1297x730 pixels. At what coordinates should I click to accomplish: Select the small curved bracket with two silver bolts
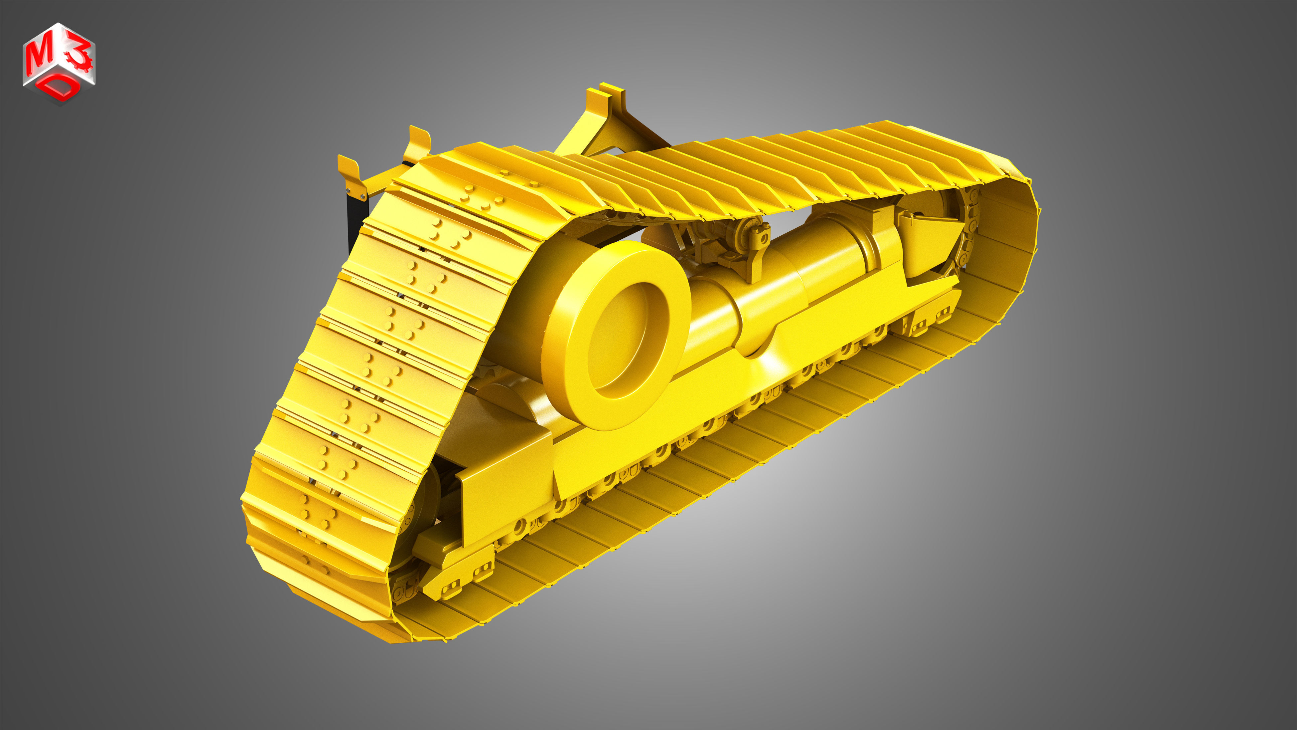[351, 176]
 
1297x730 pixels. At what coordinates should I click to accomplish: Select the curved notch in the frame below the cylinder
[760, 348]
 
